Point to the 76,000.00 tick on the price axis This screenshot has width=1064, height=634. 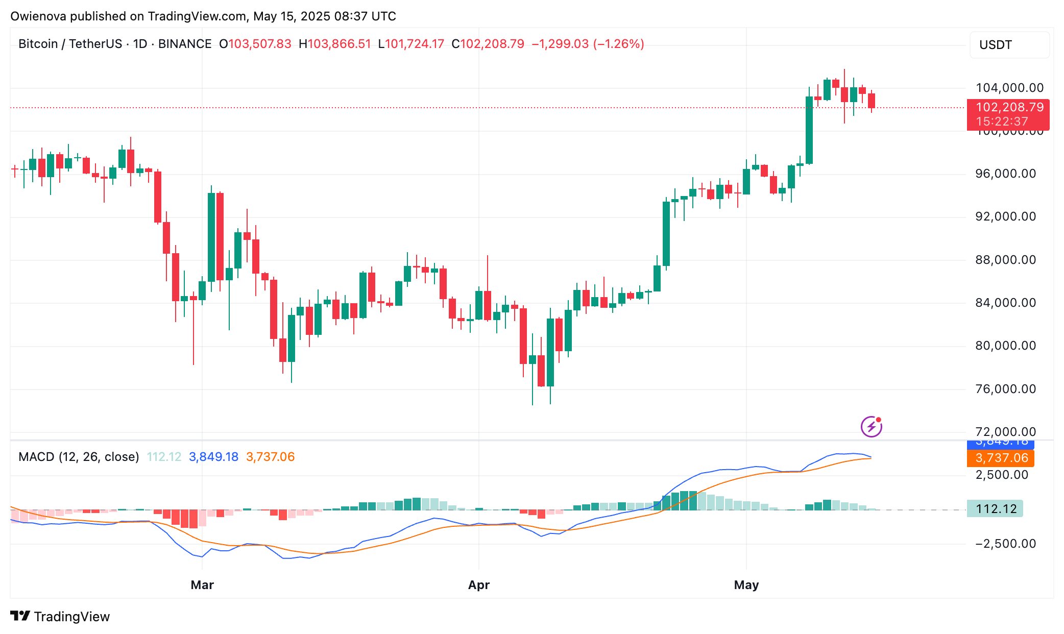[1005, 389]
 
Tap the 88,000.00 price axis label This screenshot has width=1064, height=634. [1005, 260]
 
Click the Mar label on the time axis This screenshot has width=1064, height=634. [202, 585]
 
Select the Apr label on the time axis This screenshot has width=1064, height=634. [478, 585]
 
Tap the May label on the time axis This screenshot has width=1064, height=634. [746, 585]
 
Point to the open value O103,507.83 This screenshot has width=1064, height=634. [255, 44]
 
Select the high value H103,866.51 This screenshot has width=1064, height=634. [335, 44]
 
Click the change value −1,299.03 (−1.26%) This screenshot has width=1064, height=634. [588, 44]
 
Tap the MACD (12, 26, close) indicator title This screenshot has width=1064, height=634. [79, 457]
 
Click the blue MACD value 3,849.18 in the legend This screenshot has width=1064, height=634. [213, 457]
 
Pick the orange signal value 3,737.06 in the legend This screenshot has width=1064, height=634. [270, 457]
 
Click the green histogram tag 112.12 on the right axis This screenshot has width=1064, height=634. [995, 509]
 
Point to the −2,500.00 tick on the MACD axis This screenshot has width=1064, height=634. [1005, 544]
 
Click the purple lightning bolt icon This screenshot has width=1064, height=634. [871, 427]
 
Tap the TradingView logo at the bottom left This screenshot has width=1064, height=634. [60, 617]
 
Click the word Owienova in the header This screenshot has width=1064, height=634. [38, 16]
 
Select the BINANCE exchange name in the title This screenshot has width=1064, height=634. [185, 44]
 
